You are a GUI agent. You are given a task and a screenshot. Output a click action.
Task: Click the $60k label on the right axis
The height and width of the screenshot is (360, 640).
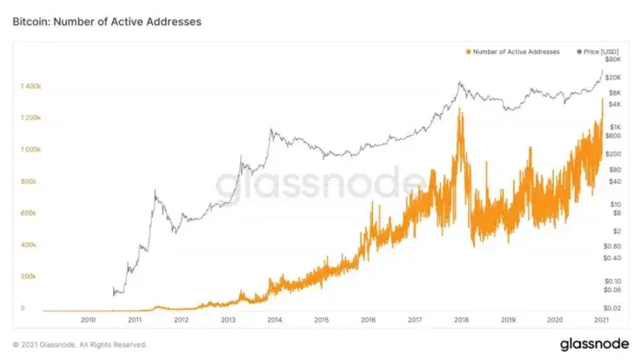pos(612,60)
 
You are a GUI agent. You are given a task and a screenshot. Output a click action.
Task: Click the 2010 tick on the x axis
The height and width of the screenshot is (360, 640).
pos(88,320)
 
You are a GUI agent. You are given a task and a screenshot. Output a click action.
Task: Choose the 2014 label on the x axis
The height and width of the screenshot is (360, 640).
pos(274,320)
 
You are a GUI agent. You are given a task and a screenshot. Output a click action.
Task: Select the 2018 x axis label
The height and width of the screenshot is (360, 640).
pos(461,320)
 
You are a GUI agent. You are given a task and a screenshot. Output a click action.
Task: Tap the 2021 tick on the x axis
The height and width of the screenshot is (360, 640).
pos(601,320)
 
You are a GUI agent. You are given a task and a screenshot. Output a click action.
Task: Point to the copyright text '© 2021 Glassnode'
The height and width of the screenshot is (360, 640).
pos(74,343)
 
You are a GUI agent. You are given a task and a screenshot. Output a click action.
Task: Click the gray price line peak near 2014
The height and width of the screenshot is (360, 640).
pos(271,130)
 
